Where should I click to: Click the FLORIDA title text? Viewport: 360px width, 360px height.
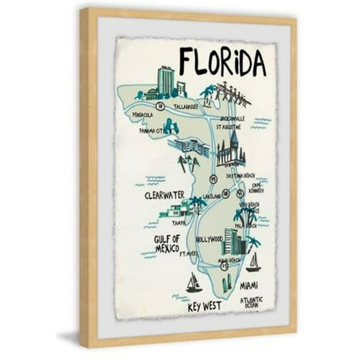[x=222, y=62]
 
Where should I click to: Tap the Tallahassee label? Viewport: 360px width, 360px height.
[x=186, y=106]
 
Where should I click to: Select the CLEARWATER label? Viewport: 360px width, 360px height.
[x=164, y=195]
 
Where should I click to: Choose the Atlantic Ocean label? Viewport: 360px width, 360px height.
[x=252, y=303]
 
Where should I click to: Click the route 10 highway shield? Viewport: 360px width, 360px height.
[x=161, y=107]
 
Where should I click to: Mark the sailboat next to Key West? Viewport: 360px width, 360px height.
[x=194, y=283]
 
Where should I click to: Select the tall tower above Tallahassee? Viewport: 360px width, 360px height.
[x=166, y=81]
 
